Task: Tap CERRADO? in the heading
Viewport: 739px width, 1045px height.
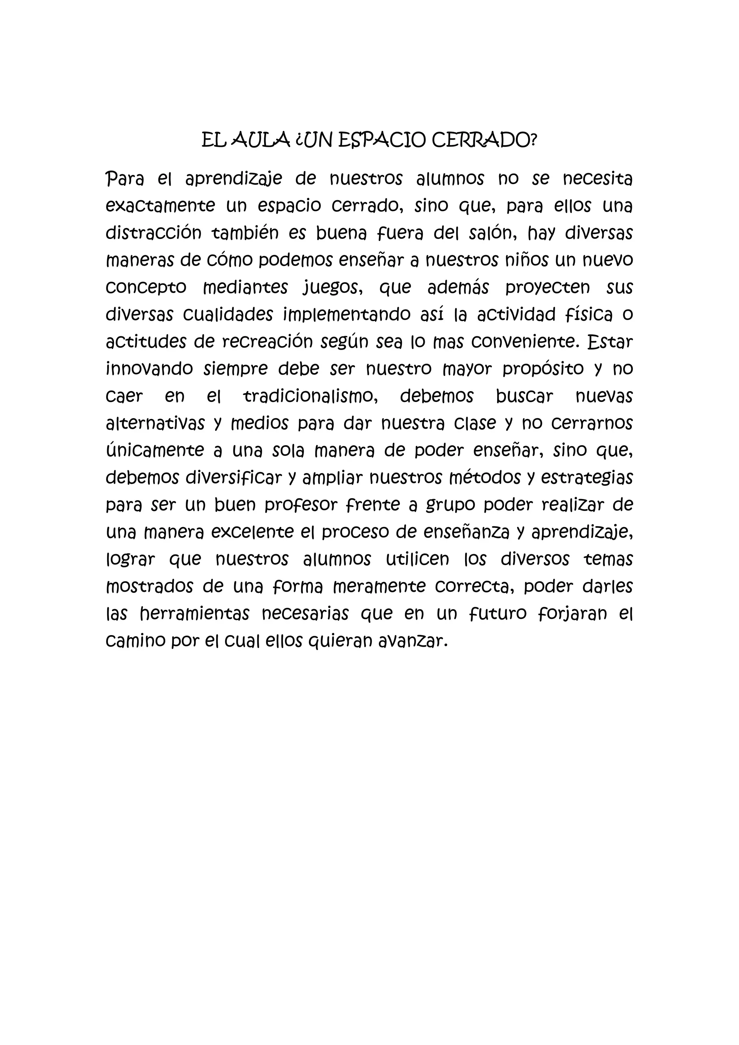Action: click(x=484, y=141)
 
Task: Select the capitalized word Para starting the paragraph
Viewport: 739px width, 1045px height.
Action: click(x=124, y=179)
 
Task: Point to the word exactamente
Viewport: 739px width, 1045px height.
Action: click(x=160, y=206)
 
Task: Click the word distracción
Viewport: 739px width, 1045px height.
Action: click(x=153, y=233)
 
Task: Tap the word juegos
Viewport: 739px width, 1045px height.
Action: click(x=333, y=288)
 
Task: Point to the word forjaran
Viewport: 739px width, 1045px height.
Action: click(x=572, y=615)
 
